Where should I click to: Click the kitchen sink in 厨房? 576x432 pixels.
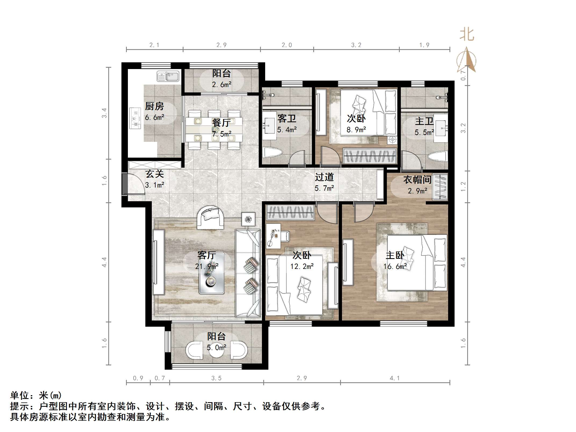pos(168,76)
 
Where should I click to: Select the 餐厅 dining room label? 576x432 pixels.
pos(221,123)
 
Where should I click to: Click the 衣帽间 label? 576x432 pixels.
pos(417,179)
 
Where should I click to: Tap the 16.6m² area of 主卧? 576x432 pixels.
pos(395,267)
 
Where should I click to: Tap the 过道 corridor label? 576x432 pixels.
pos(324,177)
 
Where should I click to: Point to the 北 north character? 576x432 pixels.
pos(467,35)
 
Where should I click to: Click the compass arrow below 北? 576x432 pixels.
pos(467,60)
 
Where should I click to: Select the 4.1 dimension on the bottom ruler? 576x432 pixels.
pos(395,378)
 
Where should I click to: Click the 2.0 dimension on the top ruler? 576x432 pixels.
pos(287,45)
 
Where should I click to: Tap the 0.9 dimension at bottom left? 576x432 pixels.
pos(138,378)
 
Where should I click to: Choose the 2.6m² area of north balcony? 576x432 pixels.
pos(222,85)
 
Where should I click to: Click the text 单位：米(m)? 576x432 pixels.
pos(36,395)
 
